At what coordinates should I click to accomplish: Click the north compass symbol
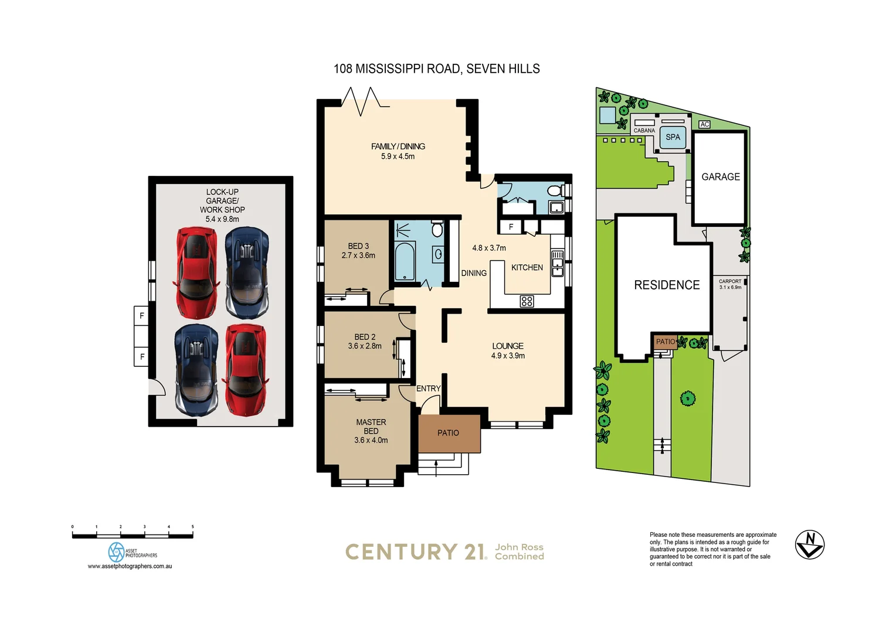tap(810, 544)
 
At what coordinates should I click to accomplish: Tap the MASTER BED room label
tap(371, 426)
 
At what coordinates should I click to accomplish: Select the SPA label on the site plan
tap(673, 137)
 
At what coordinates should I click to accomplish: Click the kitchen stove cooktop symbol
tap(527, 301)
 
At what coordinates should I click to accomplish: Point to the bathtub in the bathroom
tap(404, 261)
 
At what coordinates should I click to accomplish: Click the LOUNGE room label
tap(508, 346)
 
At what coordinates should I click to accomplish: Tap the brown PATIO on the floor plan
tap(449, 433)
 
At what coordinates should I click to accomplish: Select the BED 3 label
tap(358, 246)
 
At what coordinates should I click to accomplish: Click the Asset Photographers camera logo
tap(116, 552)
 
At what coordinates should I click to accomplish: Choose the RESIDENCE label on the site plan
tap(667, 285)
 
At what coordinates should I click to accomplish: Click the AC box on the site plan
tap(705, 124)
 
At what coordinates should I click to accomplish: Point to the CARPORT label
tap(730, 281)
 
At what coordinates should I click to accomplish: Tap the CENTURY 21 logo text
tap(416, 552)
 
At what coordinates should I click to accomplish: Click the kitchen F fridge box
tap(511, 227)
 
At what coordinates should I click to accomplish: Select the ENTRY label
tap(428, 389)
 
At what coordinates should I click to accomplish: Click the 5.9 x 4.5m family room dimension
tap(398, 156)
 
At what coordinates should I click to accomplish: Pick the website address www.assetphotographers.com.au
tap(130, 566)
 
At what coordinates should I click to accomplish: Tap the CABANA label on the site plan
tap(644, 131)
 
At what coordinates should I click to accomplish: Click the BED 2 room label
tap(365, 337)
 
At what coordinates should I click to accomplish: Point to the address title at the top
tap(436, 69)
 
